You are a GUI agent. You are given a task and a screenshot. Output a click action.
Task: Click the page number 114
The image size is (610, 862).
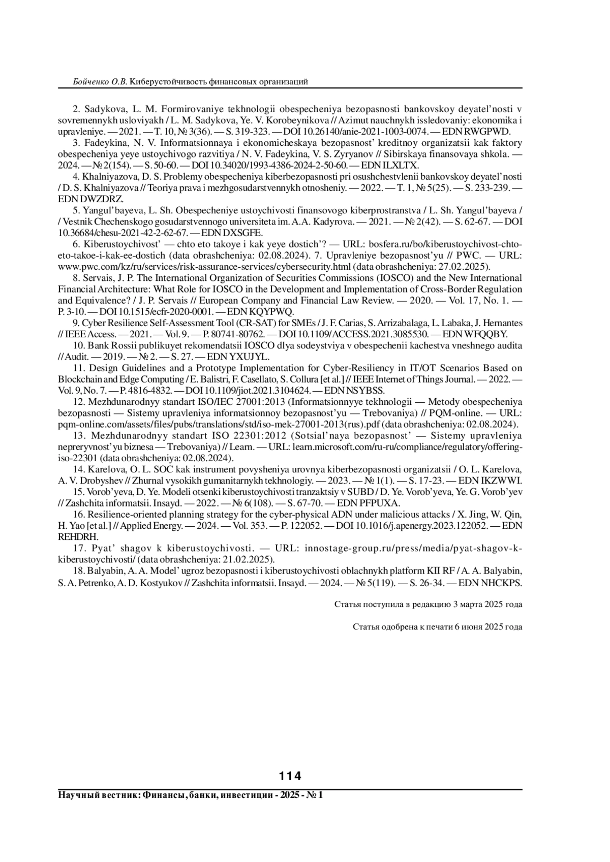[x=290, y=776]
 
